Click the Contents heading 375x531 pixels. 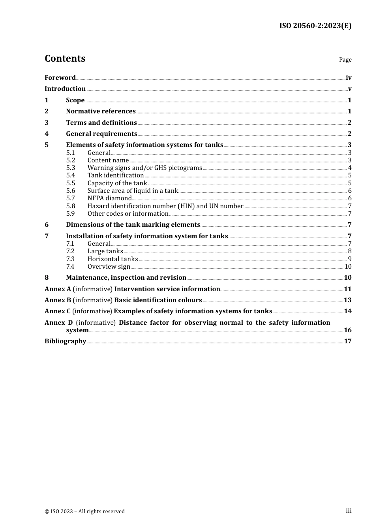tap(65, 58)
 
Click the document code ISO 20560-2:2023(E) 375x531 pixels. tap(315, 26)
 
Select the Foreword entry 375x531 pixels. tap(60, 78)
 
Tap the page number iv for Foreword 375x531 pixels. tap(349, 78)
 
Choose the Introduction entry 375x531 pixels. tap(65, 89)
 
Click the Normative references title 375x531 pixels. tap(101, 111)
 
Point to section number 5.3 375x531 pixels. tap(70, 168)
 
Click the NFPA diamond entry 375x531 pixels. tap(109, 198)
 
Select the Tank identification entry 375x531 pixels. tap(115, 175)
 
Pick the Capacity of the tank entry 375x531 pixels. tap(117, 183)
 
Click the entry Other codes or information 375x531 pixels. tap(128, 214)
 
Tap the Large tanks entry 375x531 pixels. tap(105, 251)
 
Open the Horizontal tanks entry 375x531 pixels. tap(112, 259)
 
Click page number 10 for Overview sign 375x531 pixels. tap(348, 267)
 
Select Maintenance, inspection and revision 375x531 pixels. tap(126, 278)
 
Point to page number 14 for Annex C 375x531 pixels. tap(347, 311)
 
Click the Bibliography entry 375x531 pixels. tap(65, 341)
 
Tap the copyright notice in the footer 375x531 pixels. tap(84, 511)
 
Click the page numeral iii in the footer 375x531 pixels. tap(349, 511)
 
